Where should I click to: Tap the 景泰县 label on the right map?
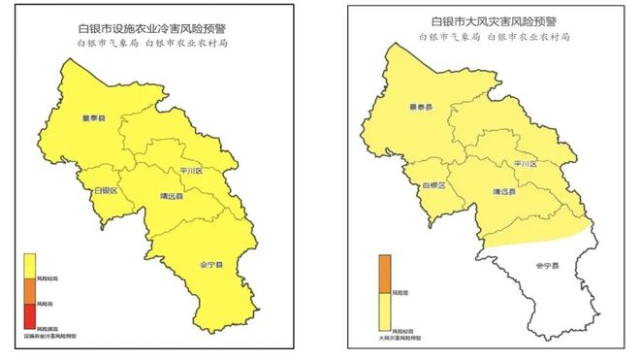420,108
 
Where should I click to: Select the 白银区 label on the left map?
105,191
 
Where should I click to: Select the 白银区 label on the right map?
433,183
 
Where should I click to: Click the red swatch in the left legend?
30,315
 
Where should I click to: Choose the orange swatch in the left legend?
30,291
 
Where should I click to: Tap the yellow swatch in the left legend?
30,264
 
